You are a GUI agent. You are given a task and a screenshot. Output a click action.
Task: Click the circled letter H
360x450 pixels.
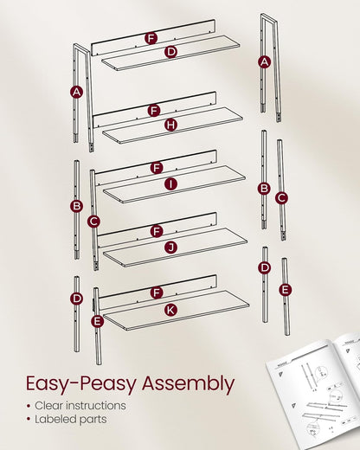tap(170, 125)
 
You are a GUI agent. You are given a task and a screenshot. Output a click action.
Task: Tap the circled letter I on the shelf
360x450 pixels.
tap(170, 183)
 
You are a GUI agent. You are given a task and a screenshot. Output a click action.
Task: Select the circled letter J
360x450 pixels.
tap(170, 247)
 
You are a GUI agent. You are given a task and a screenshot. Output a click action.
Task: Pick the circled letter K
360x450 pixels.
tap(170, 309)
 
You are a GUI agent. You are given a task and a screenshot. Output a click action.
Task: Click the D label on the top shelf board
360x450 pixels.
tap(170, 53)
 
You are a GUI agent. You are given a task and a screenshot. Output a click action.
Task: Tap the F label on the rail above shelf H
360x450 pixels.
tap(154, 110)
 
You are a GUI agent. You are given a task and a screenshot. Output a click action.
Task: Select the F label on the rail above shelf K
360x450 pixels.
tap(157, 293)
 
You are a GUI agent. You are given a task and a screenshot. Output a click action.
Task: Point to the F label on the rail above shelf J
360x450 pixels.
tap(157, 231)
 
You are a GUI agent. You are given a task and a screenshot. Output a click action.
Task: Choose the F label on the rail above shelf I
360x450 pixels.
tap(157, 168)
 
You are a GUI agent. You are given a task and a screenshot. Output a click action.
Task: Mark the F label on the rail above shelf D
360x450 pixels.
tap(151, 38)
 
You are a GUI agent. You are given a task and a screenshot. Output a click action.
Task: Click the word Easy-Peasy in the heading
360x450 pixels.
tap(78, 383)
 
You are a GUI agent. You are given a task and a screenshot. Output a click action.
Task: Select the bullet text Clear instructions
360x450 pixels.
tap(80, 405)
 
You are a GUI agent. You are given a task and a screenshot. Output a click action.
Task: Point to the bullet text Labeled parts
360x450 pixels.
tap(73, 420)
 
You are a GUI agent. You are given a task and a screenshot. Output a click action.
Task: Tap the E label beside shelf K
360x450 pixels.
tap(97, 321)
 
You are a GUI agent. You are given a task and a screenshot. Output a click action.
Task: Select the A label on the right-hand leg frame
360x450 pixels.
tap(265, 61)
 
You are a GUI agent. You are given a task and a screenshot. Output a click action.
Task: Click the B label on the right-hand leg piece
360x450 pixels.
tap(264, 189)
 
